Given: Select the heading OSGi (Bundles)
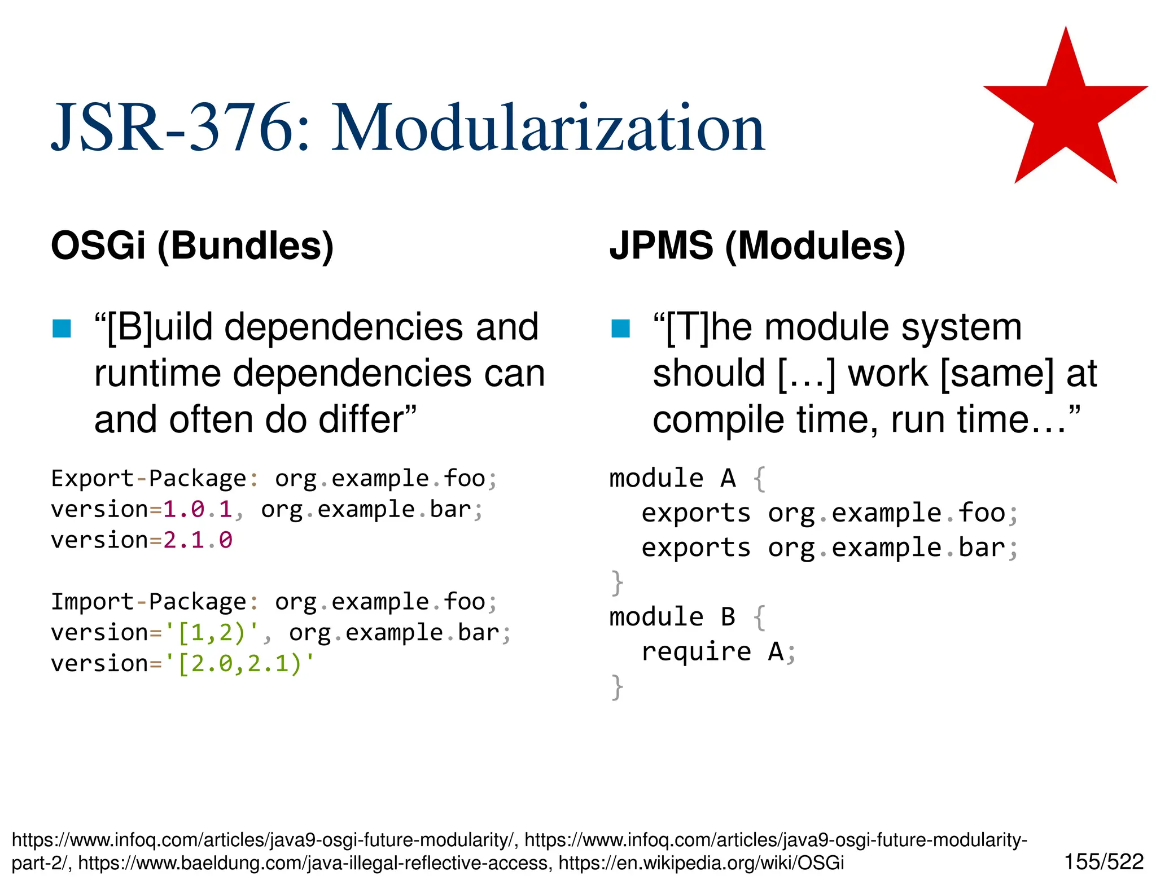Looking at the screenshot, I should (x=192, y=246).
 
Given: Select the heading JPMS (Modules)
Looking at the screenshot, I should (x=757, y=246).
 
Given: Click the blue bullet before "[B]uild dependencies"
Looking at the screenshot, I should (x=62, y=329).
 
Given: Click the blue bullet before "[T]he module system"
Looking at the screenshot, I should (x=620, y=329).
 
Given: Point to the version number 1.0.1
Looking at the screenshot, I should (x=198, y=510).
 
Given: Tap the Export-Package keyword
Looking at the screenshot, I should (x=149, y=479).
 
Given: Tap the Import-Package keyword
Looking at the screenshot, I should (x=149, y=602).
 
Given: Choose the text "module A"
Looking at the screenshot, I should (x=672, y=479).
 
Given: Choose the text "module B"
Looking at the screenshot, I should (x=672, y=617).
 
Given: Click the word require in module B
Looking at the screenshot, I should (x=696, y=652).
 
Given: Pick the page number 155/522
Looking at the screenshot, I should (x=1104, y=862).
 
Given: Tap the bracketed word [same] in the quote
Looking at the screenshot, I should (x=997, y=374).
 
